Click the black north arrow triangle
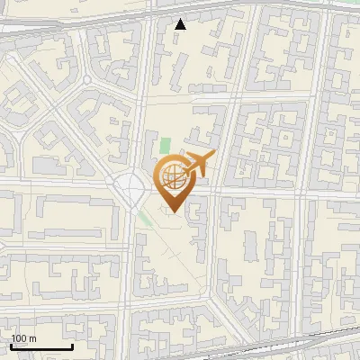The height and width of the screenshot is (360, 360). pos(181,24)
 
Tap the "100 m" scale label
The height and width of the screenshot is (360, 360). pos(23,339)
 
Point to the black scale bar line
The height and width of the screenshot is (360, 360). pos(41,347)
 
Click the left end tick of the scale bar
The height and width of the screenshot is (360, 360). pos(11,346)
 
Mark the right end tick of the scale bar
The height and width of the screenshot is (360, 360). pos(72,346)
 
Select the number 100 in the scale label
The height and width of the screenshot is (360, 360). pos(19,339)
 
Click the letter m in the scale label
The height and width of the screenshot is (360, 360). pos(32,339)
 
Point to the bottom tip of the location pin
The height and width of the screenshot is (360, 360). pos(171,211)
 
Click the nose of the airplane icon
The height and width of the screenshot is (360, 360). pos(212,155)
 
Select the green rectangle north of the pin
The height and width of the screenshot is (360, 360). pos(164,146)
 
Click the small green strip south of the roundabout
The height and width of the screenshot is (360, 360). pos(145,219)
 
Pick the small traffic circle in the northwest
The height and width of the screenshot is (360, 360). pos(87,80)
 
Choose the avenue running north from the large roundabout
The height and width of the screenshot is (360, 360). pos(140,108)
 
